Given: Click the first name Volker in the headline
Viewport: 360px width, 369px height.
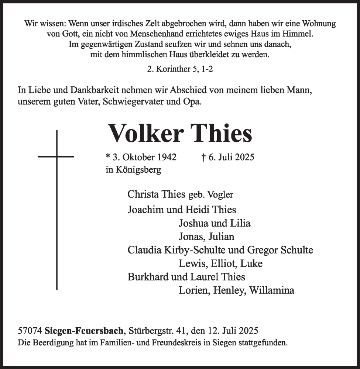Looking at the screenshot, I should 145,133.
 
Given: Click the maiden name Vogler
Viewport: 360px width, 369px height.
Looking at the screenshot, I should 220,194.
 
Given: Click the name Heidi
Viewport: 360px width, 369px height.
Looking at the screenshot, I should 198,210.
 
